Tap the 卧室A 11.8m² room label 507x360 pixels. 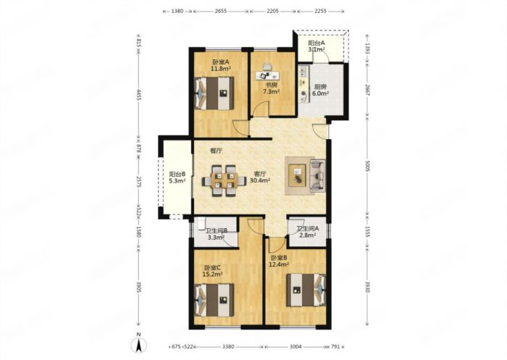click(221, 65)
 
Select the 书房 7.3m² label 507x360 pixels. click(271, 88)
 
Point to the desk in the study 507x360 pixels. click(267, 75)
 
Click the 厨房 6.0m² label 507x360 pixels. click(320, 90)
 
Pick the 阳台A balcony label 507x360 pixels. click(317, 46)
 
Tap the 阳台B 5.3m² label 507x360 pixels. click(177, 177)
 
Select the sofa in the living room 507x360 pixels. click(317, 175)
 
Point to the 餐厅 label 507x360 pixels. click(216, 151)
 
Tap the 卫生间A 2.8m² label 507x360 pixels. click(308, 232)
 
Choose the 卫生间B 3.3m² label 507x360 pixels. click(217, 234)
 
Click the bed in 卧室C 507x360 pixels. click(214, 301)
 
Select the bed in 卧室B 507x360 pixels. click(306, 290)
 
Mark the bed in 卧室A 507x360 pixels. click(214, 93)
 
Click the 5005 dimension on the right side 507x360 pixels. click(367, 167)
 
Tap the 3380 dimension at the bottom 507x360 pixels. click(228, 347)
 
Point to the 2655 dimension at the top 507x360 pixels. click(220, 11)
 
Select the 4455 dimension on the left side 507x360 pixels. click(139, 96)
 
